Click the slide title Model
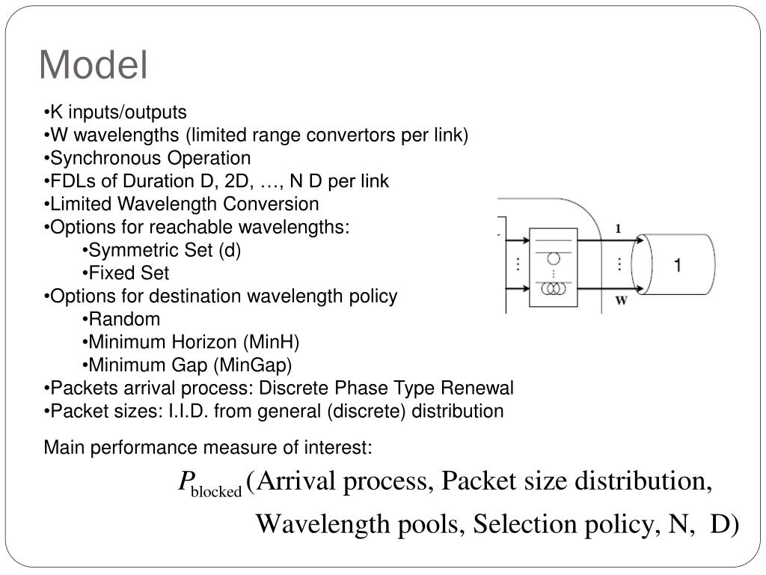(94, 65)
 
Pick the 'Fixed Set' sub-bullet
(129, 273)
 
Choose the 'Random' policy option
(124, 319)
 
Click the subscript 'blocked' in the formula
(217, 492)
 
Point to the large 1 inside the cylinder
(676, 266)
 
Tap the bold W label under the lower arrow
(621, 302)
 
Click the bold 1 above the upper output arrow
(618, 230)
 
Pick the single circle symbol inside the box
(554, 259)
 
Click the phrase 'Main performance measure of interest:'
(208, 448)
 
